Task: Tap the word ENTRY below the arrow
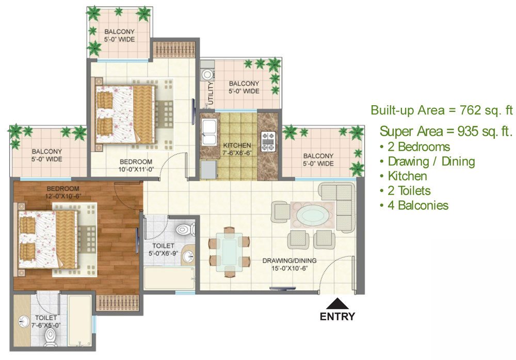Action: pos(337,317)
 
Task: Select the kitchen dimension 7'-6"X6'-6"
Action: pos(237,153)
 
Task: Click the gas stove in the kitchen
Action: pos(268,141)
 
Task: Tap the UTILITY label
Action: pos(211,93)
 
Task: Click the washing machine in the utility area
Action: pos(207,74)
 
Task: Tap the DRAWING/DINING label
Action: pos(289,260)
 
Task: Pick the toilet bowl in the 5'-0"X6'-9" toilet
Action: pos(185,229)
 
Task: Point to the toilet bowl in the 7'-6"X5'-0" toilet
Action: pos(51,337)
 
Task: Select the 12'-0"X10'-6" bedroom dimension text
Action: pos(63,197)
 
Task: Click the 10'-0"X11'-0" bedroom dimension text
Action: pos(136,170)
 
